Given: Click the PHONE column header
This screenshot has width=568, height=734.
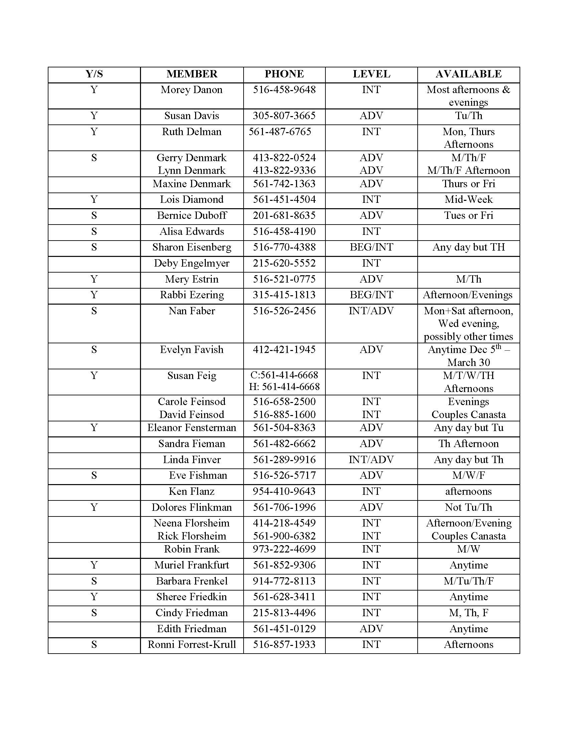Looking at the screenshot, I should (284, 74).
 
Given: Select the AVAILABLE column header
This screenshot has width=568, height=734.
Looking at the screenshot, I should (468, 74).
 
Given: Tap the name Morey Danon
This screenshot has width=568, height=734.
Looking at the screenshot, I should (191, 90).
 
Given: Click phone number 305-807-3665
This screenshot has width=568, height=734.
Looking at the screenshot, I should (284, 116).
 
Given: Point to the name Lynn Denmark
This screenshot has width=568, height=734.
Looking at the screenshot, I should (191, 170).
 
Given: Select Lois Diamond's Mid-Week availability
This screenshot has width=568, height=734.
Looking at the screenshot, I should (468, 200).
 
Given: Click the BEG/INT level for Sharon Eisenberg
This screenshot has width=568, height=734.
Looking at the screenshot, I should (371, 247).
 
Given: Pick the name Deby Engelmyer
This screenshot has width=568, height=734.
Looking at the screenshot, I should (191, 263).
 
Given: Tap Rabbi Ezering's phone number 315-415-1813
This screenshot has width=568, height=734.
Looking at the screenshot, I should (284, 295).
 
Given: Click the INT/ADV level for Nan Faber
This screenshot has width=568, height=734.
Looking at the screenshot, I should (371, 311).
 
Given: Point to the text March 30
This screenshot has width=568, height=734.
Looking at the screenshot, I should (468, 363).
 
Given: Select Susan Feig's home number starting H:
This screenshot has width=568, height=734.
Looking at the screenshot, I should (284, 387).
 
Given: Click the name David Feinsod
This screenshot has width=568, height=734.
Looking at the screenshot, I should (191, 415).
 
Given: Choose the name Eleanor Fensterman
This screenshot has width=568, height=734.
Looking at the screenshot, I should (191, 428).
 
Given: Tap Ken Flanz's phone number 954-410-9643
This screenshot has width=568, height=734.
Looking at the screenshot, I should (284, 491).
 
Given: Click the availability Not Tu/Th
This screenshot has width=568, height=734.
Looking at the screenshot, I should (468, 507).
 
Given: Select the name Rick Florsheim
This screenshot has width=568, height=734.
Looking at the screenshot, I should (191, 536).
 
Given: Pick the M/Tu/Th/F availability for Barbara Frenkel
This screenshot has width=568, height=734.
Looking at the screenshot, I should (468, 581).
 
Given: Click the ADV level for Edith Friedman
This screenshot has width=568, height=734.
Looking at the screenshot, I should (371, 629).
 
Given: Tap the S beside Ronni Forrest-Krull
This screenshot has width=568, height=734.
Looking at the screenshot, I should (94, 645).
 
